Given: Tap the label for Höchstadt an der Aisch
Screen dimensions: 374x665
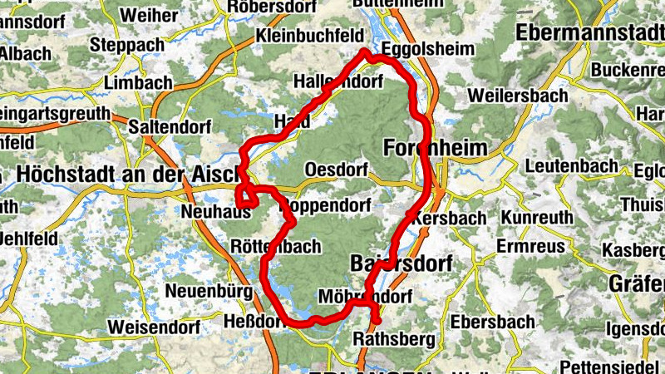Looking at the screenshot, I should (x=126, y=175).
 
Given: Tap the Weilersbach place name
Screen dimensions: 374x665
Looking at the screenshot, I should (x=518, y=96).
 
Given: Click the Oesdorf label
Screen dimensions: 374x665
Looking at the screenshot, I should (x=337, y=170).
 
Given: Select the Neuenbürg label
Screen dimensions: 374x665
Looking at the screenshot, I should (x=196, y=292).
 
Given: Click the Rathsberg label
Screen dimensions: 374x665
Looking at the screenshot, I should (x=394, y=339).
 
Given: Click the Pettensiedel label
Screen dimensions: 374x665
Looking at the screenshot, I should (x=611, y=367).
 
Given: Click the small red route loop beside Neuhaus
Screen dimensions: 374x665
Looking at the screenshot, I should (x=246, y=196).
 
